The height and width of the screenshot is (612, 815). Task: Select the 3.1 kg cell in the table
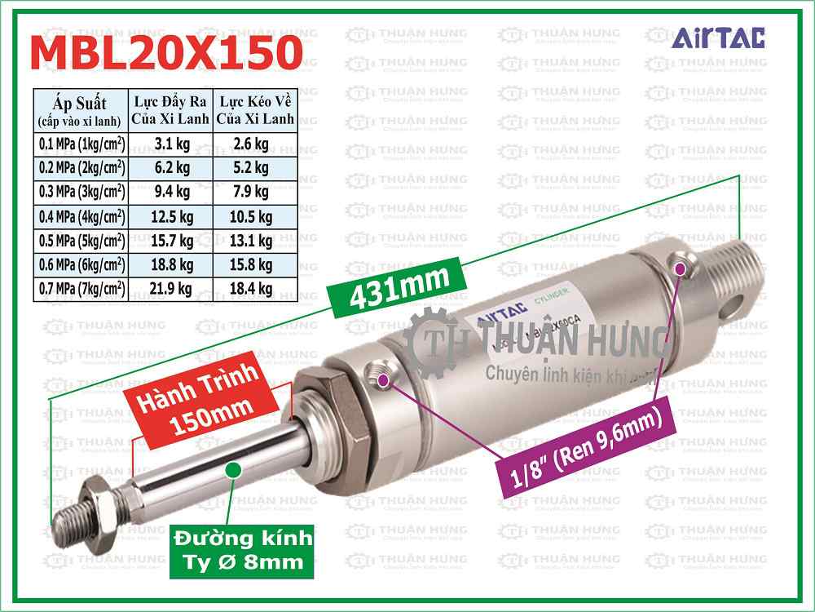pyautogui.click(x=171, y=144)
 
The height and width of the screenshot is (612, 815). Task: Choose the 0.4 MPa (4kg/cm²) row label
pyautogui.click(x=81, y=216)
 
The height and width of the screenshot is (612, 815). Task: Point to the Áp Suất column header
pyautogui.click(x=81, y=109)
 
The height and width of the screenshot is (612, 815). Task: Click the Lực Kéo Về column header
pyautogui.click(x=253, y=109)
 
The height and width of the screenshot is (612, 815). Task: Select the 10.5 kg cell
pyautogui.click(x=253, y=216)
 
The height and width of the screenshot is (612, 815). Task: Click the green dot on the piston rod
pyautogui.click(x=233, y=468)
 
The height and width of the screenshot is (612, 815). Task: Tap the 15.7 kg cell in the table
pyautogui.click(x=171, y=240)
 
